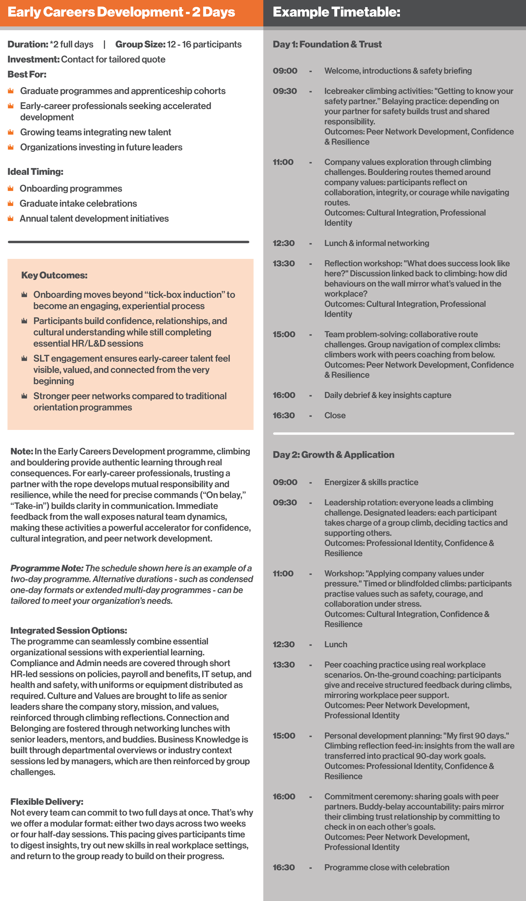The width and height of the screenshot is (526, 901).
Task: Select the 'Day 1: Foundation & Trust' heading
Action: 327,44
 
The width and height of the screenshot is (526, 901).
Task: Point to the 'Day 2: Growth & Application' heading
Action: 333,455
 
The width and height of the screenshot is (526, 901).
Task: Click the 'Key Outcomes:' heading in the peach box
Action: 54,275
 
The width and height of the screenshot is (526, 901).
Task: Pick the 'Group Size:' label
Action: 140,44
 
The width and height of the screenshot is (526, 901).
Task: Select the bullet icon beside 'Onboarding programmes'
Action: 11,188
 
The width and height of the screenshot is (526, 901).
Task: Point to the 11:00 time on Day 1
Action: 283,162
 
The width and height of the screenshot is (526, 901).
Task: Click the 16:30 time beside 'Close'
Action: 284,416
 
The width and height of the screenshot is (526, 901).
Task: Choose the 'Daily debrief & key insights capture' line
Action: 387,395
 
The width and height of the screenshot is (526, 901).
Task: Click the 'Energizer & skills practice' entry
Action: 371,482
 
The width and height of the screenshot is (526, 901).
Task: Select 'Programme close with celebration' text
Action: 387,867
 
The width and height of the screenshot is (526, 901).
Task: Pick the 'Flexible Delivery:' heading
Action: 47,802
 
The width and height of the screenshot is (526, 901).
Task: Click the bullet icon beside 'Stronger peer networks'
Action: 24,396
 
